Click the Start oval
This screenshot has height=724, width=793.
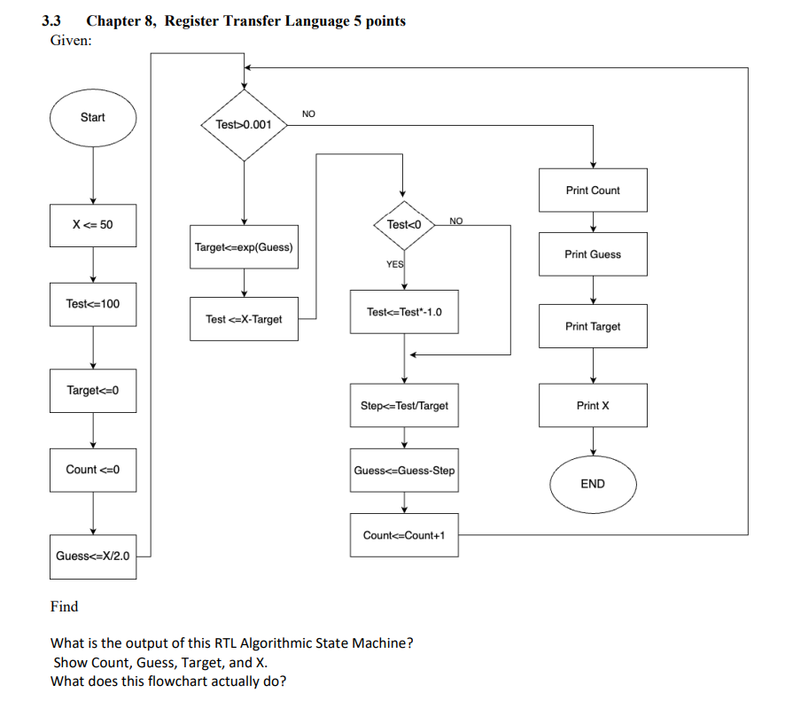(x=93, y=118)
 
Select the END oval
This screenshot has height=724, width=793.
(x=593, y=485)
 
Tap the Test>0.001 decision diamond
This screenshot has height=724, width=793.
(x=245, y=125)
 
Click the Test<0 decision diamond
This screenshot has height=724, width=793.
(x=404, y=225)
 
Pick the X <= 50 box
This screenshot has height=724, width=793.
(x=93, y=225)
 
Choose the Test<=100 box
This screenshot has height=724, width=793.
(x=93, y=304)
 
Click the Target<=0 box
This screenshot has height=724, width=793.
(x=93, y=391)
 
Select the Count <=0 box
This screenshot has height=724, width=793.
(x=93, y=470)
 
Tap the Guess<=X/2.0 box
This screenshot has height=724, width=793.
(x=93, y=557)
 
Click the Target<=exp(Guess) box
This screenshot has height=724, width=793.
(x=245, y=247)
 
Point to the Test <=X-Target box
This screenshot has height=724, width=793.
(x=245, y=319)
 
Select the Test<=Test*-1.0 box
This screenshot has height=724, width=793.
(x=404, y=312)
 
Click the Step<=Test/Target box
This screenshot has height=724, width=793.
(x=404, y=405)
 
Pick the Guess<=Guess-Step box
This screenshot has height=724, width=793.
(x=404, y=470)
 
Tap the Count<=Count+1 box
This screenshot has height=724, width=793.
(x=404, y=535)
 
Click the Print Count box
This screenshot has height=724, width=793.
(x=593, y=191)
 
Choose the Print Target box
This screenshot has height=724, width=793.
(x=593, y=326)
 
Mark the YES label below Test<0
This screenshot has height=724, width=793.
(x=395, y=264)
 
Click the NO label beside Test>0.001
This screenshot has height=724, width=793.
(x=308, y=113)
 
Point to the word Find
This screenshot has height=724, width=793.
(x=64, y=606)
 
